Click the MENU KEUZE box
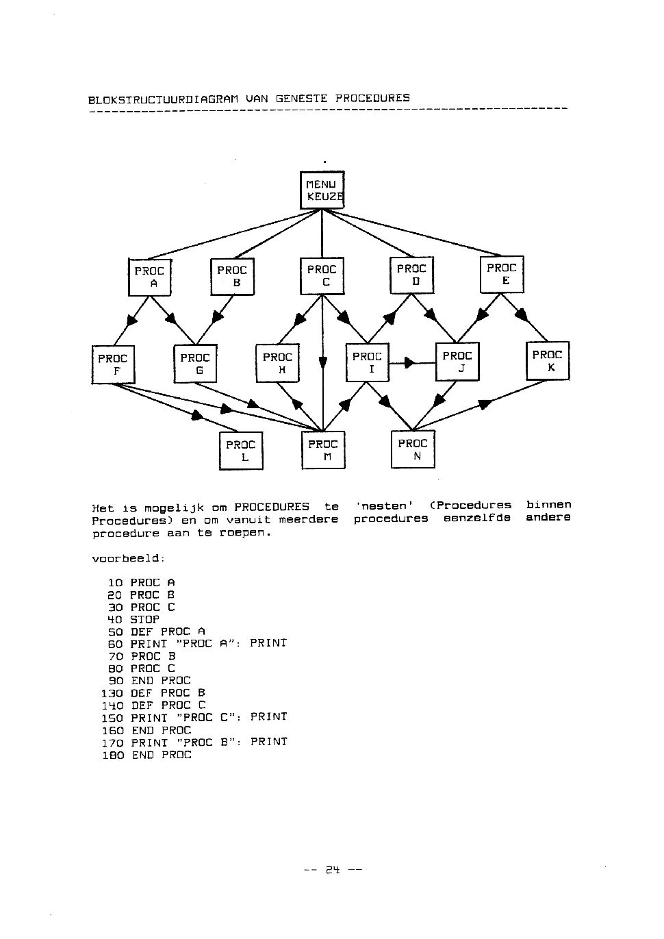coord(322,190)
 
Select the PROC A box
coord(149,277)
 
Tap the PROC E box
coord(502,274)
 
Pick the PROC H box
coord(277,363)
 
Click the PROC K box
coord(548,360)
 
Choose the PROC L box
coord(241,451)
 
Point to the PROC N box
coord(413,449)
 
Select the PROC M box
coord(323,450)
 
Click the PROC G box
coord(195,364)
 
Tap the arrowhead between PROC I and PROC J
coord(410,362)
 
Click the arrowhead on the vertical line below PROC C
coord(322,362)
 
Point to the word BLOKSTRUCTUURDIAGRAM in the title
coord(163,100)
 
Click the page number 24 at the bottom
coord(333,870)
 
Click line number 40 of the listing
coord(115,620)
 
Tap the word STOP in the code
coord(145,620)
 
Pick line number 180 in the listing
coord(113,755)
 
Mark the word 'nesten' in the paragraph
coord(384,506)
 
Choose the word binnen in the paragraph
coord(549,504)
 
